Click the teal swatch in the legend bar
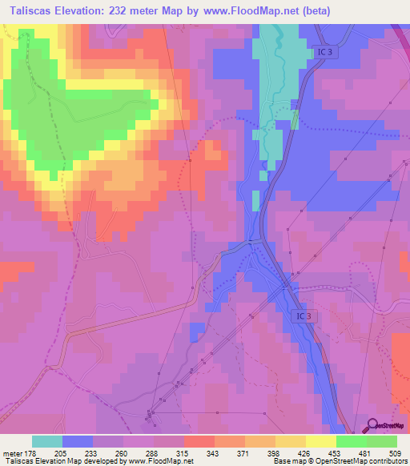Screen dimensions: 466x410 point(47,441)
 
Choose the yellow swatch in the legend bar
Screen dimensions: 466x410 point(320,441)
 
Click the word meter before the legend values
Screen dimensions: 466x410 point(14,452)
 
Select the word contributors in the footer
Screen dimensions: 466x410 point(388,461)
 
